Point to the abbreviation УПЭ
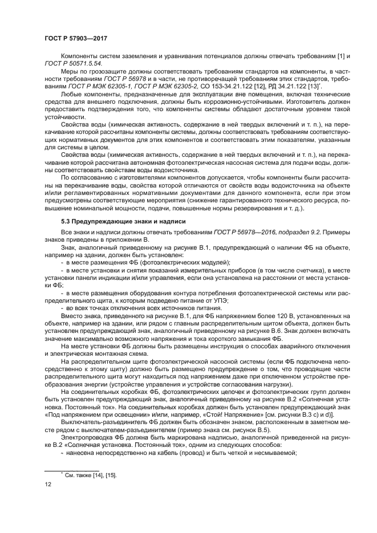tap(221, 298)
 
